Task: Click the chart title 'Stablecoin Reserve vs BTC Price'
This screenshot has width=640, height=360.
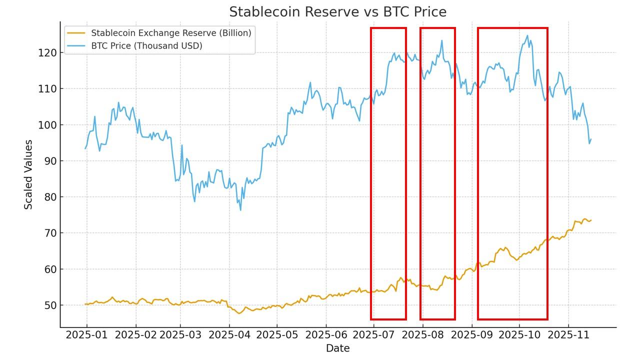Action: tap(337, 11)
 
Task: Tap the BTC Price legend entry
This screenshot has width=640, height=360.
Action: tap(146, 46)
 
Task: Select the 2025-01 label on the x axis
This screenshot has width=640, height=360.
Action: tap(86, 334)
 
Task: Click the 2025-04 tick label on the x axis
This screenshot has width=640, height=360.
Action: tap(229, 334)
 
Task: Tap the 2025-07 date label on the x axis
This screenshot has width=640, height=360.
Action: tap(373, 334)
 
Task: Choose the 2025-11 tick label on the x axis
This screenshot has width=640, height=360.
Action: tap(568, 334)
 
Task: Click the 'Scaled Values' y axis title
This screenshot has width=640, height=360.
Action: tap(28, 174)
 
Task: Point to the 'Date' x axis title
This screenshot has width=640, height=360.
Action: tap(337, 348)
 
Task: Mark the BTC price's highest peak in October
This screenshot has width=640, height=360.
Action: tap(527, 35)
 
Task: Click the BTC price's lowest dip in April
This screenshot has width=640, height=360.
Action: tap(240, 210)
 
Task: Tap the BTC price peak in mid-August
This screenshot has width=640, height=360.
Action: tap(442, 40)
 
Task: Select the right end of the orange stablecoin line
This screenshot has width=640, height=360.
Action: tap(591, 220)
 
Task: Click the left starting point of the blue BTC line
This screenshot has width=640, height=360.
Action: tap(85, 148)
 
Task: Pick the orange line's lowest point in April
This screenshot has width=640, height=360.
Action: tap(239, 313)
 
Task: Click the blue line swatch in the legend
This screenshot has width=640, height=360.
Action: tap(76, 46)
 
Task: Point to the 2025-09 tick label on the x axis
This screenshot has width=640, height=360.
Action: tap(471, 334)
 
